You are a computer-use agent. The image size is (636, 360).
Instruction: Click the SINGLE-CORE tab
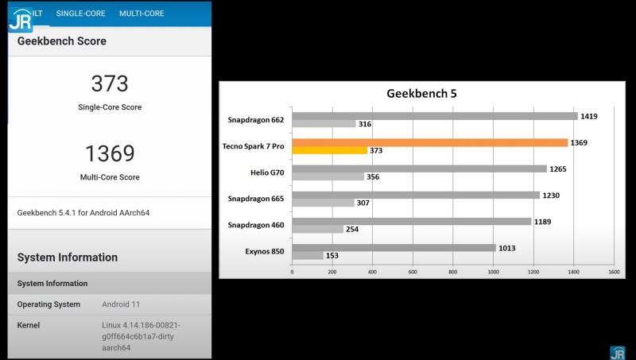[80, 14]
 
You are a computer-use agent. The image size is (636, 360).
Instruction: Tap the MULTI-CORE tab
[142, 14]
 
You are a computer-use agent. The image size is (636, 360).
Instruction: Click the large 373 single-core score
[110, 83]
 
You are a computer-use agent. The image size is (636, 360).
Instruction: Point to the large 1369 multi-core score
[110, 153]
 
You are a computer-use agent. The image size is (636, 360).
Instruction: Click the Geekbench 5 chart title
[421, 93]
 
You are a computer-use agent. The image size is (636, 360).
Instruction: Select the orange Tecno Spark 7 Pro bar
[429, 142]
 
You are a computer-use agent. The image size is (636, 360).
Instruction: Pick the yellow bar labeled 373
[329, 150]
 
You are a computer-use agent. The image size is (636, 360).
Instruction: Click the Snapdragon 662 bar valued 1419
[434, 116]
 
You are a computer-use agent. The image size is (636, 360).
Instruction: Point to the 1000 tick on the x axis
[493, 272]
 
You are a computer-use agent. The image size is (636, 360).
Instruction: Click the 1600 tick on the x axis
[613, 272]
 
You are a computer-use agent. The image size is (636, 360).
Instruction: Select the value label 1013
[507, 248]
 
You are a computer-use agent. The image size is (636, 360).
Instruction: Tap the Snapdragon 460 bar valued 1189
[411, 222]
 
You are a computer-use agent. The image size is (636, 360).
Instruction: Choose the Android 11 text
[121, 304]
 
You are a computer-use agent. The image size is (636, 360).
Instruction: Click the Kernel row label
[29, 325]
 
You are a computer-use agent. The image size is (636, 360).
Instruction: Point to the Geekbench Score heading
[61, 41]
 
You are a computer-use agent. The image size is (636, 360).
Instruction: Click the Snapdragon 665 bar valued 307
[323, 203]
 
